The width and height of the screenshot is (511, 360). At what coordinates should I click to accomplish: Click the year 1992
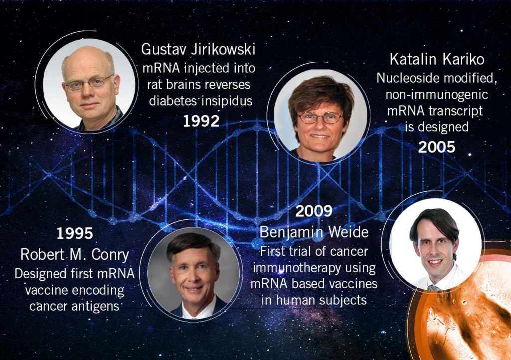click(201, 121)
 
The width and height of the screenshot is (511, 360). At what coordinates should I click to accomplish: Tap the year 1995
click(75, 233)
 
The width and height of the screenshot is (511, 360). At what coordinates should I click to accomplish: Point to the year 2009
click(314, 211)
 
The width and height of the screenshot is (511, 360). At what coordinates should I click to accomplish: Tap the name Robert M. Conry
click(75, 255)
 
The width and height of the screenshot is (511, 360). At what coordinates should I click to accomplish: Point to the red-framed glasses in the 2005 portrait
click(320, 118)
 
